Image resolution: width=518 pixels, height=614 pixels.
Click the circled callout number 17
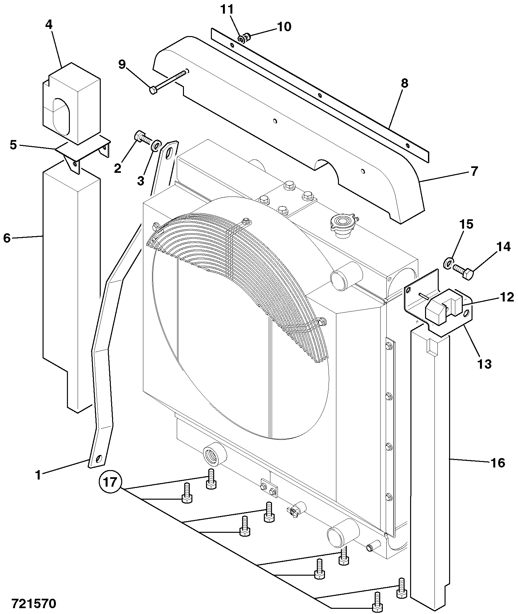point(110,481)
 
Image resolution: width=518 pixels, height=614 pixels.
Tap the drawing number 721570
point(34,603)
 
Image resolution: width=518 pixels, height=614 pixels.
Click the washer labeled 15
point(448,262)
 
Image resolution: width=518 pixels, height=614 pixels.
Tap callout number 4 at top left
point(49,25)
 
